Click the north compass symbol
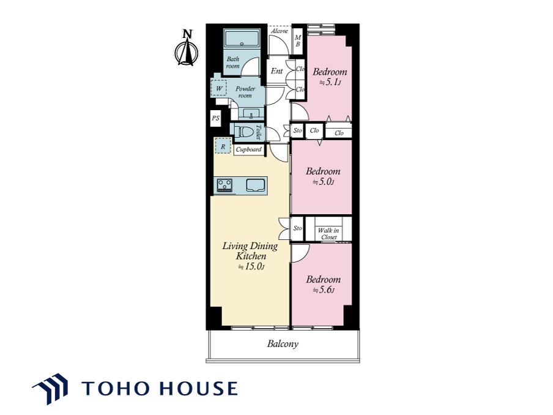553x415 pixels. click(x=187, y=49)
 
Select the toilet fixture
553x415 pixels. click(x=246, y=132)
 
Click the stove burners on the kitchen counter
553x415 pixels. click(x=225, y=185)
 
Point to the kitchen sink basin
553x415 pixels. click(x=255, y=185)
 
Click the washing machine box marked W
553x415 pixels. click(x=218, y=88)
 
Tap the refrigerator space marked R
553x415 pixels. click(x=223, y=146)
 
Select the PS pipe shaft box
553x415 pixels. click(x=215, y=118)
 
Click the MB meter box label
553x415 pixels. click(x=298, y=41)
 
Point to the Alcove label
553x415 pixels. click(x=280, y=31)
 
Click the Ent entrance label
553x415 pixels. click(x=277, y=71)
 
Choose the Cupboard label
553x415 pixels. click(x=248, y=149)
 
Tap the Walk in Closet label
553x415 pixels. click(x=328, y=234)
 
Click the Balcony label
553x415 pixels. click(x=283, y=344)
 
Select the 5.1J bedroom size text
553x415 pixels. click(x=330, y=83)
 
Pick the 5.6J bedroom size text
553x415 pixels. click(x=324, y=290)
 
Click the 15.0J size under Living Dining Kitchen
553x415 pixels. click(x=251, y=267)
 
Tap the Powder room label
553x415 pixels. click(x=245, y=92)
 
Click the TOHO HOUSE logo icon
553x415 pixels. click(x=50, y=389)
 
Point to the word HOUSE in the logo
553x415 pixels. click(x=198, y=388)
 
